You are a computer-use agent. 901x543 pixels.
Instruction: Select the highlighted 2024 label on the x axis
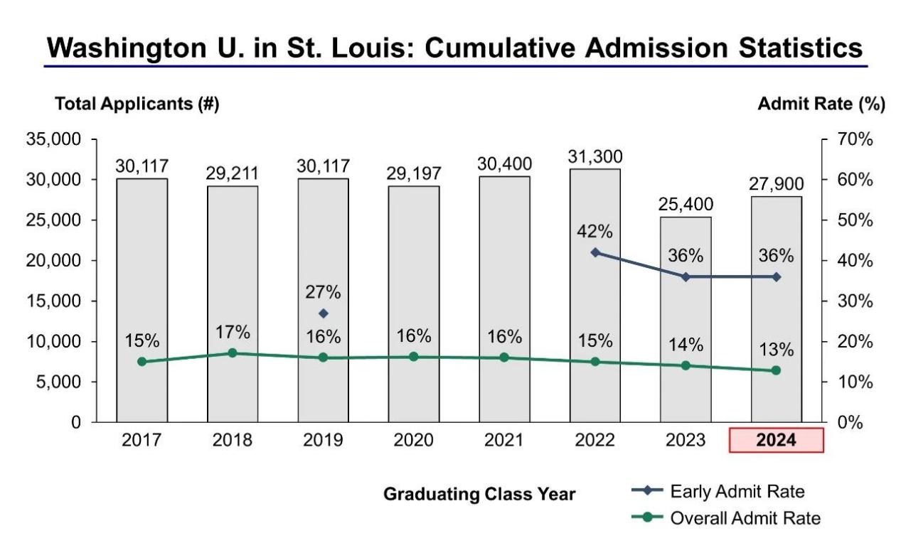(x=776, y=441)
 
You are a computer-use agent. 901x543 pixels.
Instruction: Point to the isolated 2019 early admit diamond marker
(x=324, y=313)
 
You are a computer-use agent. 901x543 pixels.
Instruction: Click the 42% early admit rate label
(x=595, y=232)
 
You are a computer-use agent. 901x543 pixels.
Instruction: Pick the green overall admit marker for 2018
(x=233, y=353)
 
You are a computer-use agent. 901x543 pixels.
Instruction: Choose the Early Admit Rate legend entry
(x=737, y=491)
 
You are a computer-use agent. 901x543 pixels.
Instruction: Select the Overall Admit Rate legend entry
(x=745, y=518)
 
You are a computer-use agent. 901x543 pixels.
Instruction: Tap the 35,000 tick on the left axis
(x=53, y=139)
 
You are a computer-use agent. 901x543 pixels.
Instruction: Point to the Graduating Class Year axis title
(x=479, y=494)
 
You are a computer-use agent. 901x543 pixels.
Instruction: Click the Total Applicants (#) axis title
(x=137, y=104)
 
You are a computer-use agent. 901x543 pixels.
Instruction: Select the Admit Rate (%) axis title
(x=821, y=104)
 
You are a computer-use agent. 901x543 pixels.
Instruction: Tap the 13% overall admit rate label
(x=776, y=350)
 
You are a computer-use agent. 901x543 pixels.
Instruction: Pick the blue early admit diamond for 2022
(x=595, y=252)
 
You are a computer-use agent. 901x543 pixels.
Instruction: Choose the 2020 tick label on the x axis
(x=414, y=441)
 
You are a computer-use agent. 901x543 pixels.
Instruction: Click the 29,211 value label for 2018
(x=233, y=173)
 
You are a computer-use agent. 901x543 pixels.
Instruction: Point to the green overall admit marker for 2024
(x=776, y=370)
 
